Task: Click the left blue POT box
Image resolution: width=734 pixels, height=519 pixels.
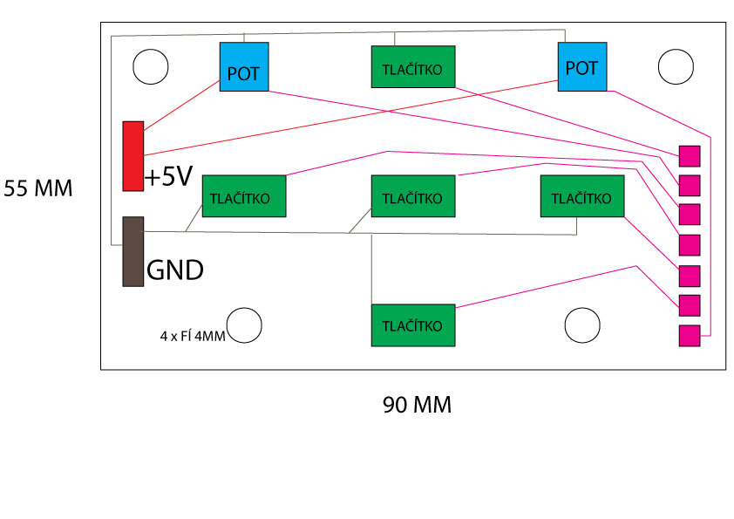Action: coord(244,66)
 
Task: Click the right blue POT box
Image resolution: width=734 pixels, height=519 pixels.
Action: coord(582,66)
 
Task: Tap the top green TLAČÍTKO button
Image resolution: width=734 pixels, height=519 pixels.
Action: coord(414,66)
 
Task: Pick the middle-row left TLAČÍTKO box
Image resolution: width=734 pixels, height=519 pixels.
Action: coord(244,196)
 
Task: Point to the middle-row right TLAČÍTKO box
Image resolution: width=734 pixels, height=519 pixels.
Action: coord(582,196)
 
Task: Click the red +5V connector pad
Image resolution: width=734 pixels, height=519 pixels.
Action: coord(133,155)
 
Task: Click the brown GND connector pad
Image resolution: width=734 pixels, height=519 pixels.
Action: coord(133,251)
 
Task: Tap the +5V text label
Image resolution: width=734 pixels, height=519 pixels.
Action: coord(168,177)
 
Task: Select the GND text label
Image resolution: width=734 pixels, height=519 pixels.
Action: coord(175,270)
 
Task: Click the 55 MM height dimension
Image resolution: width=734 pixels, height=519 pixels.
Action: coord(38,188)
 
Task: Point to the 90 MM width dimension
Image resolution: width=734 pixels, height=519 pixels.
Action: coord(417,406)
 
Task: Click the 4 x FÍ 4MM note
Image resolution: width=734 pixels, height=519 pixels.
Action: coord(193,335)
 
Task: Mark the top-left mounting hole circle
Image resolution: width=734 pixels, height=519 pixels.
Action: coord(150,66)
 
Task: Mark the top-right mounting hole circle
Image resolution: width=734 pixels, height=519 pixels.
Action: coord(676,66)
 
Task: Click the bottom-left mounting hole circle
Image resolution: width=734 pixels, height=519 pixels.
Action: coord(244,324)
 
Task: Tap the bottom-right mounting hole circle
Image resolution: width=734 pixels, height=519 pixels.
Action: coord(581,324)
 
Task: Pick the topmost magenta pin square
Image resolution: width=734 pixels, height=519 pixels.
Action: coord(690,156)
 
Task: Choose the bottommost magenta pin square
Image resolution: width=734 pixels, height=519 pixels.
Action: coord(690,335)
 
